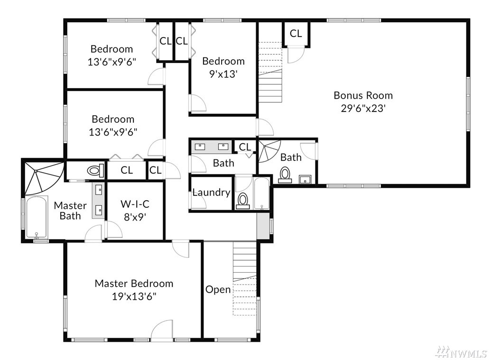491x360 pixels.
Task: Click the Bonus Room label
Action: tap(363, 95)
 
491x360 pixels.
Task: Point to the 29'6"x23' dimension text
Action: tap(363, 108)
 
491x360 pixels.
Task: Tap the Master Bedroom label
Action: tap(134, 283)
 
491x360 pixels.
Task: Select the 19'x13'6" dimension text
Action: tap(134, 296)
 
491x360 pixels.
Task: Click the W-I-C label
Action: tap(135, 204)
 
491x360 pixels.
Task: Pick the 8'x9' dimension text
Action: tap(135, 217)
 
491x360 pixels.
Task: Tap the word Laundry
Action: tap(211, 193)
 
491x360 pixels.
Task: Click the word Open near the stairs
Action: tap(218, 289)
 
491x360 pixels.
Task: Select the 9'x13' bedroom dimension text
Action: tap(223, 74)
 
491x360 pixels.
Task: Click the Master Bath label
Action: tap(70, 211)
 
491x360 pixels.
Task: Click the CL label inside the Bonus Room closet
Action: tap(296, 33)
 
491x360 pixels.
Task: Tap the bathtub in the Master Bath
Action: tap(37, 217)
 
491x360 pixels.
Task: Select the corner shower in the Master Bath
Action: tap(44, 177)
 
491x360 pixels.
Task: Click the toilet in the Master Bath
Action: tap(95, 171)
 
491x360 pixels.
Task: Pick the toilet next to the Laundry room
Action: tap(243, 201)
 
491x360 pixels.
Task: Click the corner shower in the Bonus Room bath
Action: tap(269, 151)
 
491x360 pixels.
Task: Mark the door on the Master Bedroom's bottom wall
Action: tap(162, 331)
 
